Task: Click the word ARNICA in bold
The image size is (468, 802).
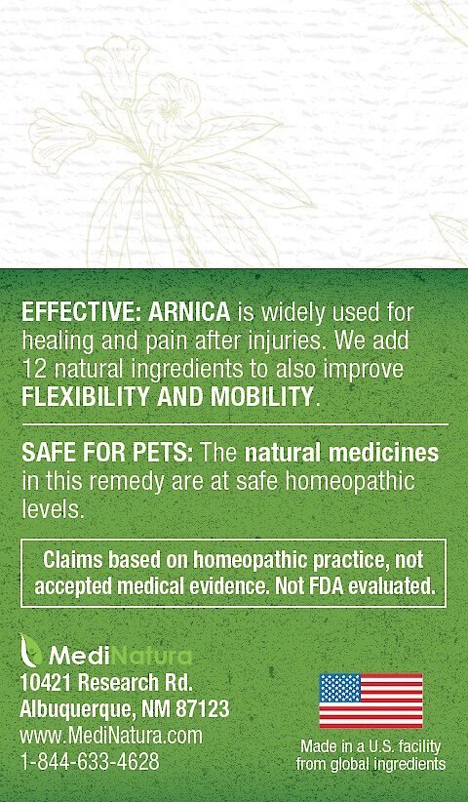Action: [x=188, y=312]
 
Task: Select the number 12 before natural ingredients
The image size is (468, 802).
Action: [x=31, y=369]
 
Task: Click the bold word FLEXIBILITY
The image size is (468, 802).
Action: [x=86, y=397]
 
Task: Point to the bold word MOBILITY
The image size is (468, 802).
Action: [x=261, y=397]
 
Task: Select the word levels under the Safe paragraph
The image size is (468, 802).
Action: [x=52, y=510]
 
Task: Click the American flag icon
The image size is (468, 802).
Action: [x=370, y=701]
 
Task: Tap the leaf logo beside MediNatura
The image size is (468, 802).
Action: [x=30, y=650]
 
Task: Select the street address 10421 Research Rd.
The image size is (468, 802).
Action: [x=106, y=682]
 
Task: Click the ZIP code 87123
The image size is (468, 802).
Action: [x=203, y=709]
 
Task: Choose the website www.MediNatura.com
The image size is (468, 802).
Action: [x=111, y=736]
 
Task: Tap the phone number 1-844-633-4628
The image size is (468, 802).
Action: [x=90, y=762]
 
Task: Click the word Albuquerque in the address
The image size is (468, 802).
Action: [x=73, y=710]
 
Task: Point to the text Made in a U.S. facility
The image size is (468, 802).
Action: [x=370, y=747]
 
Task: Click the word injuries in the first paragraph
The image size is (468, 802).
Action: [x=278, y=341]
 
